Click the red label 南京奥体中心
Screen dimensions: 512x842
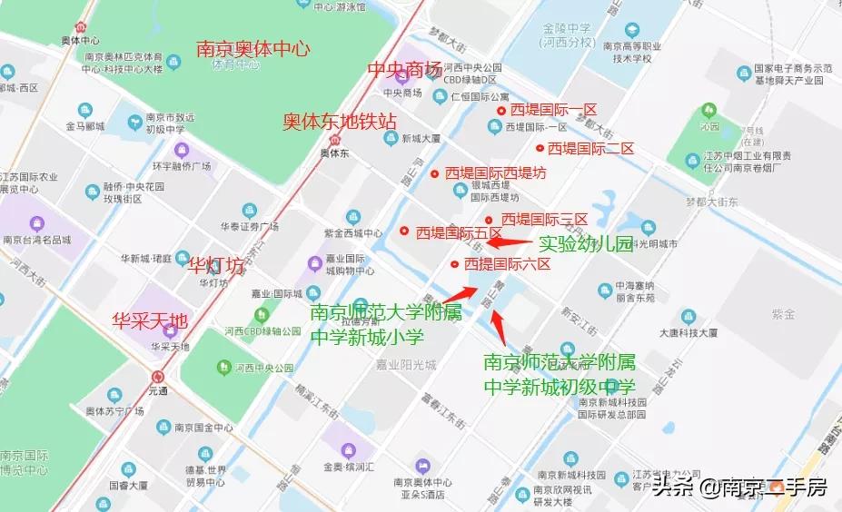click(253, 48)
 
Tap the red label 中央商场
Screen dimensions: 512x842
click(403, 70)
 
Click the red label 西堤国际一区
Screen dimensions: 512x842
click(552, 110)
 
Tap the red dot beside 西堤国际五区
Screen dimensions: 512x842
click(404, 231)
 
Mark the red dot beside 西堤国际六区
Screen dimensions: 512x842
click(454, 264)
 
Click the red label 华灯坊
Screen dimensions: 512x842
click(215, 266)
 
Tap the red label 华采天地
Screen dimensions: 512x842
click(150, 320)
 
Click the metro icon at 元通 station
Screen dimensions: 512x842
click(159, 376)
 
